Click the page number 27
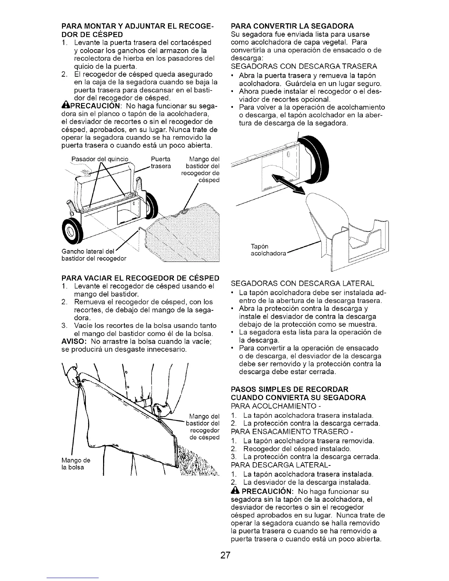pos(225,555)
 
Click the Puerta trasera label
pos(160,162)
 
